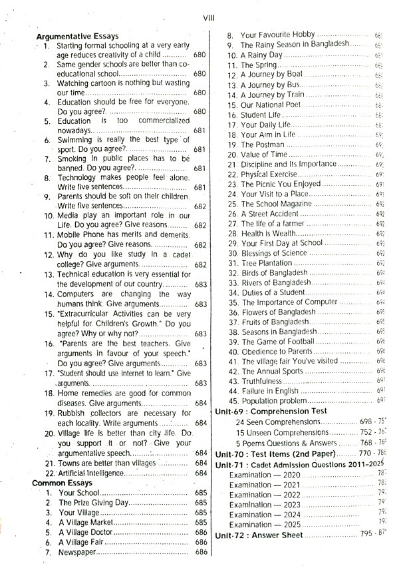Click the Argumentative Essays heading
click(77, 36)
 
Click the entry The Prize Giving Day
click(93, 503)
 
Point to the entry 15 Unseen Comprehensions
click(282, 433)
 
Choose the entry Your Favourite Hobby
click(277, 34)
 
